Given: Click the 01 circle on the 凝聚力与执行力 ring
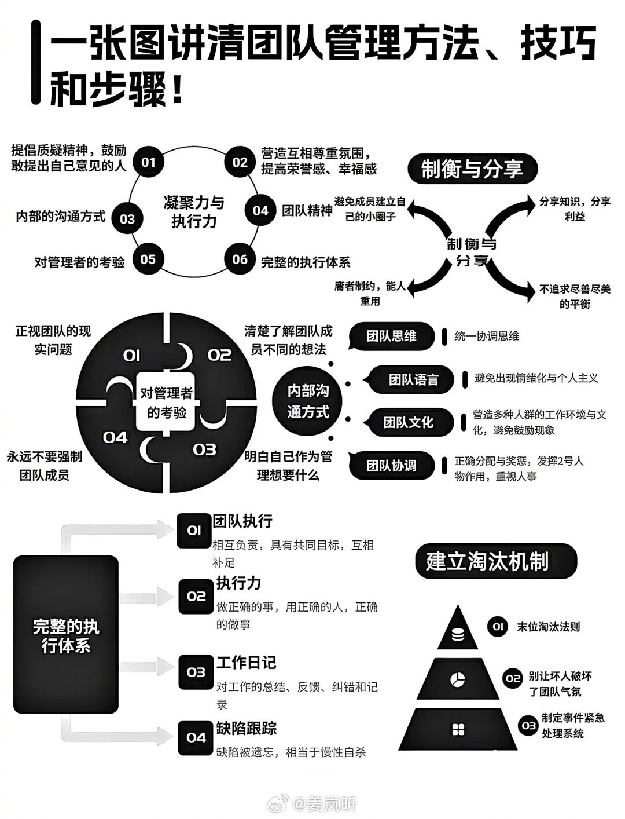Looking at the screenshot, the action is pos(148,162).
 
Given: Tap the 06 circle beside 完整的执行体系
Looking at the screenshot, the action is pos(240,260).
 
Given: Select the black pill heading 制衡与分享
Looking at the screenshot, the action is pos(472,169).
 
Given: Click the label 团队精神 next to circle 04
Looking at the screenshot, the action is pos(307,210).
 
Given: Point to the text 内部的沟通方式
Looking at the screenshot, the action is pos(61,216).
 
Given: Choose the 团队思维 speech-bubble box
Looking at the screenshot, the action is pos(392,336).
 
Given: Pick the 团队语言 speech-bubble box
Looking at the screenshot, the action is pos(413,380).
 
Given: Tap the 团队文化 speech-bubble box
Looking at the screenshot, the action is pos(408,422).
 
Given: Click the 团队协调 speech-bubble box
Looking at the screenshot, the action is pos(392,465).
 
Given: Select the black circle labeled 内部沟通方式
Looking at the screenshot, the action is pos(307,401).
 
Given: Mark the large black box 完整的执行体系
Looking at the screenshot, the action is pos(65,634).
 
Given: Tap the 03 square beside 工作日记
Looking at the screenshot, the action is pos(196,672).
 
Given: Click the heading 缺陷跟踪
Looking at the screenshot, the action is pos(247,728).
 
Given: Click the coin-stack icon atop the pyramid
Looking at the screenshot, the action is pos(458,634).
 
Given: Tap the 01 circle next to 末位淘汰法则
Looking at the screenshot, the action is pos(497,627).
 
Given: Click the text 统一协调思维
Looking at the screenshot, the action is pos(487,336).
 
